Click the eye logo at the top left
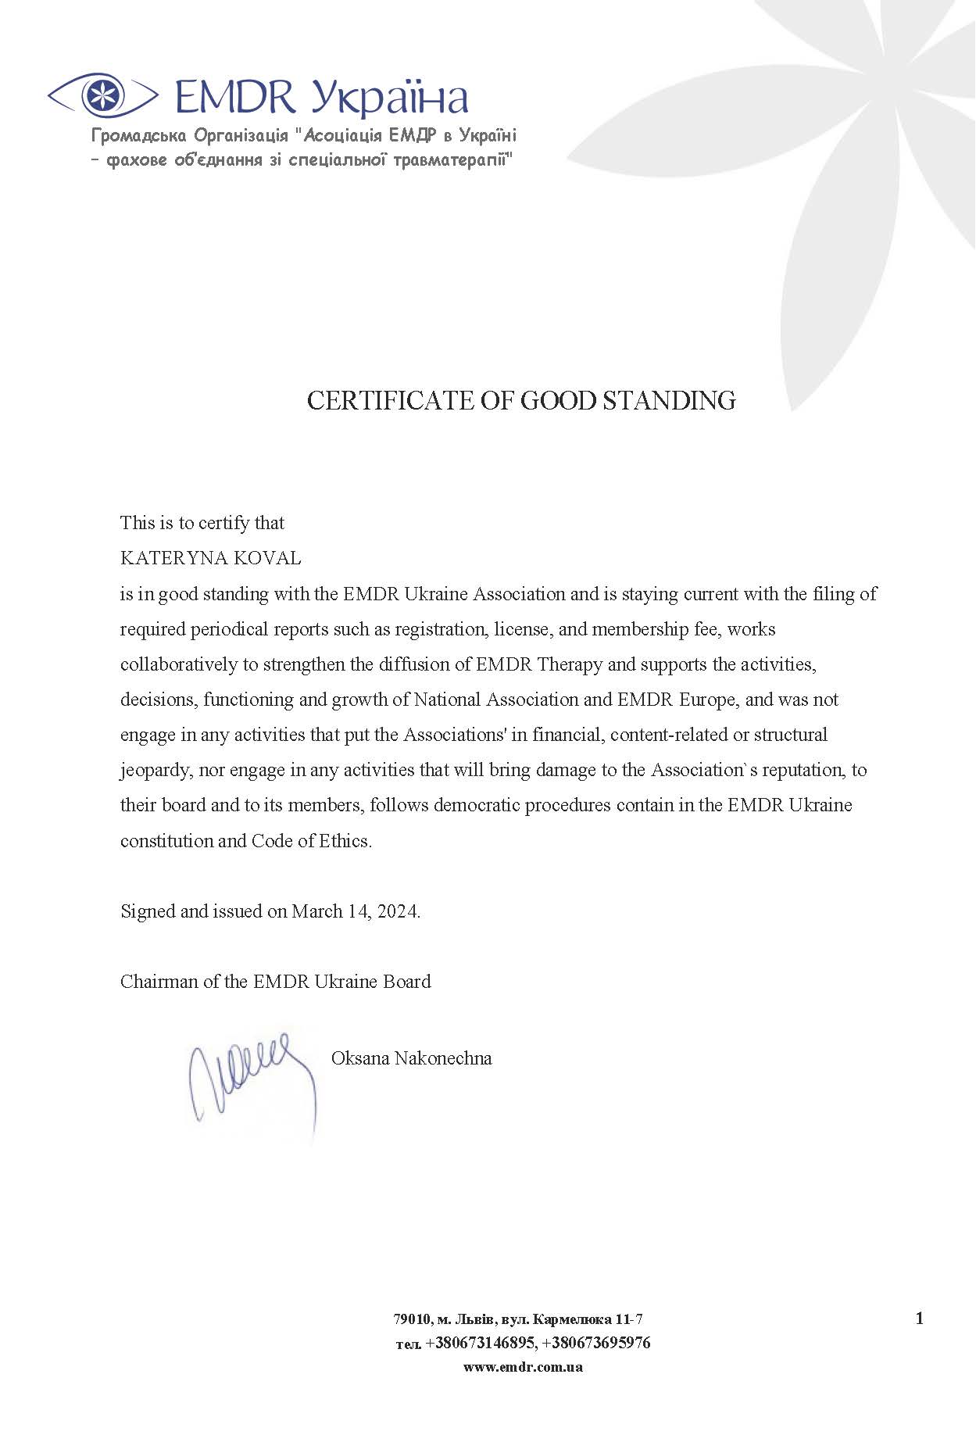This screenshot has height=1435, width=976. (x=102, y=95)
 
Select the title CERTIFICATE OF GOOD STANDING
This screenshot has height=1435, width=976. (x=521, y=400)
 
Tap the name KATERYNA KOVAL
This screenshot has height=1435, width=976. (x=210, y=558)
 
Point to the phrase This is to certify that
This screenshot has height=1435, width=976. (x=202, y=523)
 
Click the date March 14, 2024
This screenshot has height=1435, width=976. (x=355, y=911)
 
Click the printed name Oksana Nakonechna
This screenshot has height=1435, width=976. (x=411, y=1058)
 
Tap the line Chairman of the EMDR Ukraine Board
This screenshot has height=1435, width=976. (x=275, y=981)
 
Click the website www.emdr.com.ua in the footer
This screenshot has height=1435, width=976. (x=523, y=1367)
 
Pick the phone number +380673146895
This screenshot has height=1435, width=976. (x=480, y=1343)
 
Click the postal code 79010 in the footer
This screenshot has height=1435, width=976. (x=411, y=1319)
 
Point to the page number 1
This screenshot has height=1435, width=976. (x=919, y=1319)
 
